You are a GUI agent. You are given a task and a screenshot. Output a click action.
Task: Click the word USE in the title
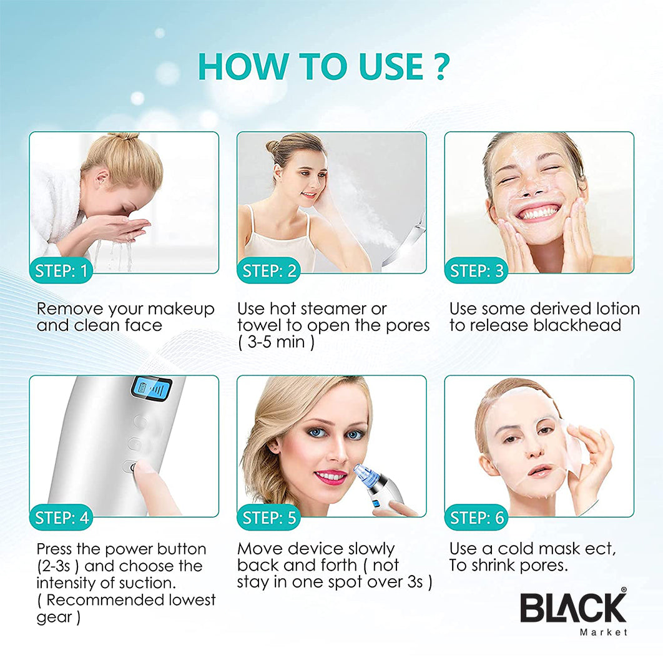click(391, 66)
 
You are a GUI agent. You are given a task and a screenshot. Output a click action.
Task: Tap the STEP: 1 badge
click(61, 270)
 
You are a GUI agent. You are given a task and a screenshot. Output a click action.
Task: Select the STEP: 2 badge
click(269, 270)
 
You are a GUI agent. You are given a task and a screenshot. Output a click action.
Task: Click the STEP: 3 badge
click(476, 270)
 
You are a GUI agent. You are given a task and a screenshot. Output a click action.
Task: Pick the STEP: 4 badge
click(61, 518)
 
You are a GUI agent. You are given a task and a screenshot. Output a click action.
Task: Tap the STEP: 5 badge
click(269, 518)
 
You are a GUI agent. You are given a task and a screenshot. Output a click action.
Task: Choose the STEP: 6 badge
click(476, 518)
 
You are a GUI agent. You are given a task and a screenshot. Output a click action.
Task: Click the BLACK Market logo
click(573, 611)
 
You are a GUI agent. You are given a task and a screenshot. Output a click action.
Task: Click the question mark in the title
click(441, 66)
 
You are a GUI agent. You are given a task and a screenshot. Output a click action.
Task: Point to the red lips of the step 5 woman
click(331, 476)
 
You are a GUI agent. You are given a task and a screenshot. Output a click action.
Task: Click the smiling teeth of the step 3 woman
click(536, 213)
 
